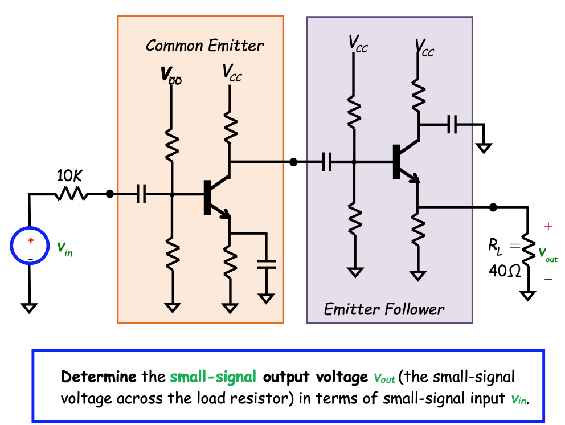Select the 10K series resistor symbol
pyautogui.click(x=71, y=194)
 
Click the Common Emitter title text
pyautogui.click(x=204, y=46)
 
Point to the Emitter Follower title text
pyautogui.click(x=384, y=309)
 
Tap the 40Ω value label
pyautogui.click(x=505, y=271)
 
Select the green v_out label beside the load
pyautogui.click(x=548, y=254)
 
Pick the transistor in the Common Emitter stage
pyautogui.click(x=214, y=197)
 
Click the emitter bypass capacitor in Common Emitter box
pyautogui.click(x=266, y=263)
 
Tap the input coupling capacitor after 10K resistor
pyautogui.click(x=142, y=195)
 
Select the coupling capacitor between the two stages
pyautogui.click(x=327, y=162)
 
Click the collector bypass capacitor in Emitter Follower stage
pyautogui.click(x=452, y=124)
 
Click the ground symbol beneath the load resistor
pyautogui.click(x=529, y=295)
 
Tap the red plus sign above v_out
pyautogui.click(x=548, y=227)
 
